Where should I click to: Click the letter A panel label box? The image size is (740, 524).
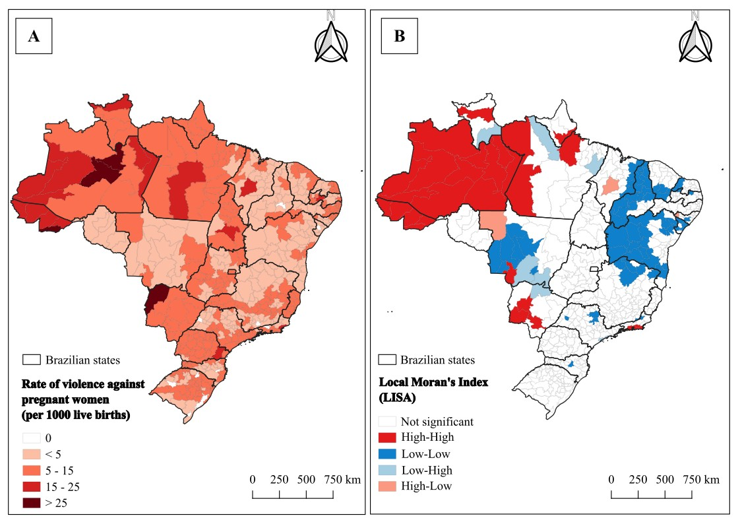tap(34, 36)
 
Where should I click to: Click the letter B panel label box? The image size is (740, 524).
tap(399, 36)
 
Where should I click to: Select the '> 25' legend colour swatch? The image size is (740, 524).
tap(32, 504)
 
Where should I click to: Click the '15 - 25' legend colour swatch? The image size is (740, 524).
tap(32, 486)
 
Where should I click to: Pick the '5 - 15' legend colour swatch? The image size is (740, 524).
tap(32, 471)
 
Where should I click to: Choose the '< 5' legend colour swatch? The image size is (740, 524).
tap(32, 455)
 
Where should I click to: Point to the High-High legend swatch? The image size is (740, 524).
tap(387, 437)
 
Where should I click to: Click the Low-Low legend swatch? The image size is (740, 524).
tap(387, 453)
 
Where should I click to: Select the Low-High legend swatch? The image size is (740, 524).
tap(387, 470)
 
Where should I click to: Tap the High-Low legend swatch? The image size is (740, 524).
tap(387, 486)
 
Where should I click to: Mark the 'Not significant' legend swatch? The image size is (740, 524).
tap(387, 421)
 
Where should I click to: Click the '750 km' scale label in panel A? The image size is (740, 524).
tap(342, 480)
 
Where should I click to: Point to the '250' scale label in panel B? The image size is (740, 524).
tap(638, 480)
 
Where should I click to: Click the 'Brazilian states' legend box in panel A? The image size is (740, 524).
tap(32, 360)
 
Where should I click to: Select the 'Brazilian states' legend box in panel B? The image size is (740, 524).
tap(387, 360)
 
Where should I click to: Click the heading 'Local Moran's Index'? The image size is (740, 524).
tap(434, 382)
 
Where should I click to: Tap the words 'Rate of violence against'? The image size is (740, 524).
tap(83, 384)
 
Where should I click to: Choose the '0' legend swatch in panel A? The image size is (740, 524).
tap(32, 438)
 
